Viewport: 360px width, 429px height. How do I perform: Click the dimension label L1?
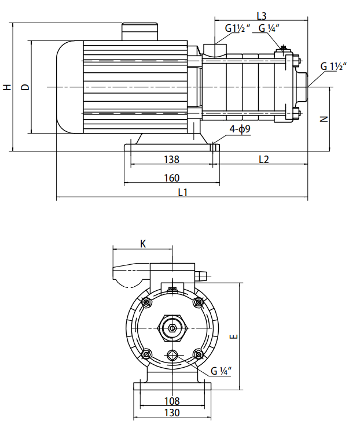pyautogui.click(x=182, y=193)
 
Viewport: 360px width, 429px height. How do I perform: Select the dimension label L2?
pyautogui.click(x=263, y=159)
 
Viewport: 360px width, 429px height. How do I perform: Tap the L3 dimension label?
pyautogui.click(x=261, y=16)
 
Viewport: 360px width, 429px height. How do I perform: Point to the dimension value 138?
pyautogui.click(x=172, y=159)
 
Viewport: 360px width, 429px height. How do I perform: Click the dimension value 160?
pyautogui.click(x=172, y=177)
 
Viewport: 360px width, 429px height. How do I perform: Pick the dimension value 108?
pyautogui.click(x=172, y=401)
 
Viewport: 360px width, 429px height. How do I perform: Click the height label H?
pyautogui.click(x=7, y=87)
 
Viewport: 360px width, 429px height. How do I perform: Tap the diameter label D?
pyautogui.click(x=25, y=87)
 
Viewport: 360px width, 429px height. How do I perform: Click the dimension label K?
pyautogui.click(x=143, y=244)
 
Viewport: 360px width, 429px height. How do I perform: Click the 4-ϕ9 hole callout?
pyautogui.click(x=240, y=130)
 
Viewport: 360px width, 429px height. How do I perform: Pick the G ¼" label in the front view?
pyautogui.click(x=221, y=371)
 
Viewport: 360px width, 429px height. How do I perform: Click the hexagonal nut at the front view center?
pyautogui.click(x=172, y=328)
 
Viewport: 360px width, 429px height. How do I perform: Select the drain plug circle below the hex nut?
pyautogui.click(x=172, y=355)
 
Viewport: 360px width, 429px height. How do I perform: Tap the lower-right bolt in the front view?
pyautogui.click(x=199, y=354)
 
